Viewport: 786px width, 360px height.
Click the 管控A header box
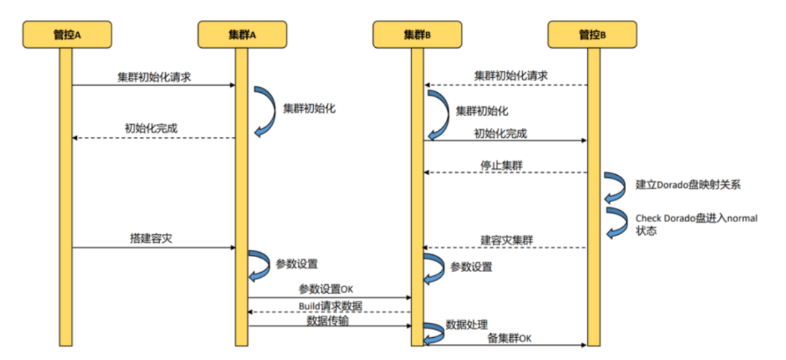pos(66,34)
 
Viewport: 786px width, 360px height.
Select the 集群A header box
pos(242,34)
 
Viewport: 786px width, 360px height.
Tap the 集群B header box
pos(417,34)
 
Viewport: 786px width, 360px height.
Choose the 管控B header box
pos(592,34)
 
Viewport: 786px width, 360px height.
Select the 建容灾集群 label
pos(504,239)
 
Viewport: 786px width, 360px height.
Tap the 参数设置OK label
pos(326,289)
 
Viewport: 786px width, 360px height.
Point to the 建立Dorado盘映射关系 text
pos(688,185)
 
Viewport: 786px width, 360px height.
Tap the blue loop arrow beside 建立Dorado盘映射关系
pos(612,186)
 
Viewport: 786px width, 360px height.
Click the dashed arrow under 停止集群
pos(505,173)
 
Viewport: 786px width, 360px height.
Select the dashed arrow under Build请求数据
pos(329,312)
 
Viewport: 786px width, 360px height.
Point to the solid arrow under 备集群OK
pos(505,345)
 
